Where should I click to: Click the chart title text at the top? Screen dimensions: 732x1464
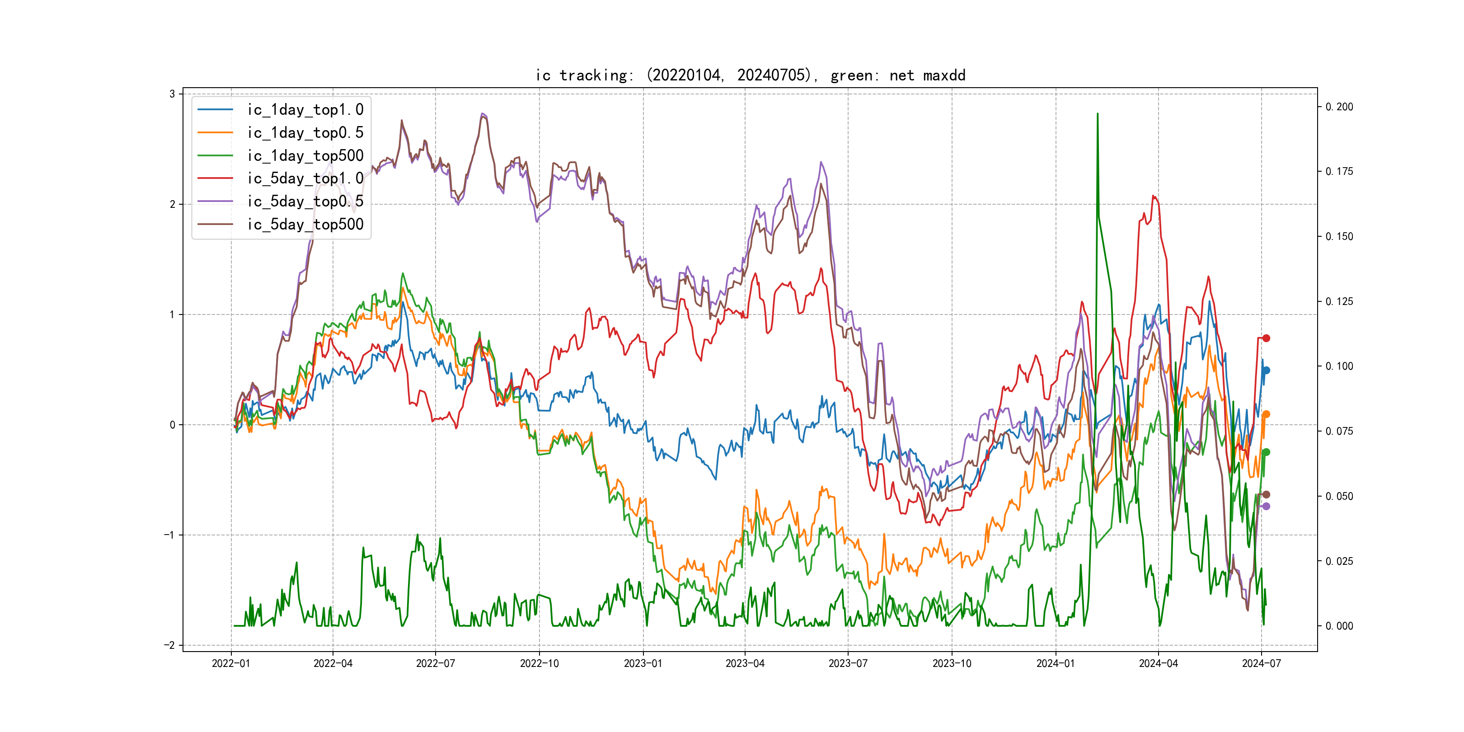coord(750,75)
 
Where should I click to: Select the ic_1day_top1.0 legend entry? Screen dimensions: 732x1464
coord(305,110)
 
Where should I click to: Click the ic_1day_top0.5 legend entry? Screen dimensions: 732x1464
coord(305,132)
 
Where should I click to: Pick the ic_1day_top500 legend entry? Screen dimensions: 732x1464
coord(305,156)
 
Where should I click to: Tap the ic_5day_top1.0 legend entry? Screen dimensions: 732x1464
coord(305,178)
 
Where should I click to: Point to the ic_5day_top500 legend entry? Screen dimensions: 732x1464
coord(305,225)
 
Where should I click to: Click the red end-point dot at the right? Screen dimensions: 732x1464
coord(1266,338)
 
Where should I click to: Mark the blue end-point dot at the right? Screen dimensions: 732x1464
coord(1266,371)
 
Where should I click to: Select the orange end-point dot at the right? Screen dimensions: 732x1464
coord(1266,414)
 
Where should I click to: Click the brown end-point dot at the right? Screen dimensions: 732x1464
coord(1266,494)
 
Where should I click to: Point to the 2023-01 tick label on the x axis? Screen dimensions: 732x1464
coord(643,663)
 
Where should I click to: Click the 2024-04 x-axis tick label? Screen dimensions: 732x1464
coord(1158,663)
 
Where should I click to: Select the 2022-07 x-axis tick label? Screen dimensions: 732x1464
coord(435,663)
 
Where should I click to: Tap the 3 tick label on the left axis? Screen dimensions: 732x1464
coord(172,94)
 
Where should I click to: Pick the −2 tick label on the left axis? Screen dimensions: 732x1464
coord(169,645)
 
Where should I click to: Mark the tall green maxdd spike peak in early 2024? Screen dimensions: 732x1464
coord(1098,114)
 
